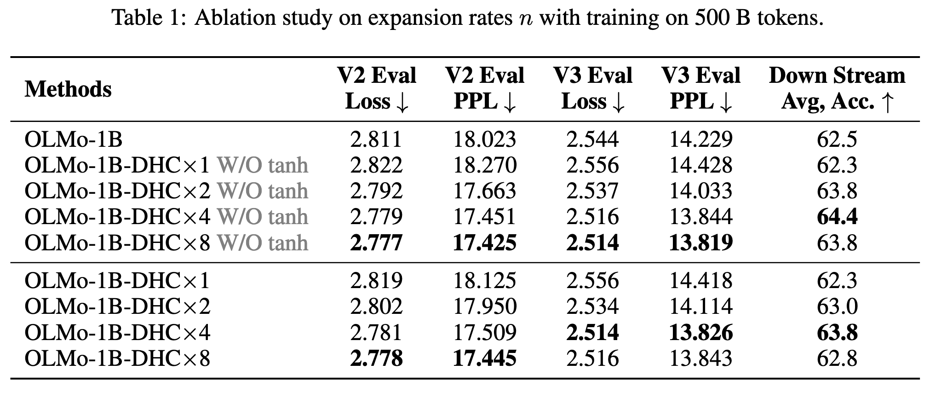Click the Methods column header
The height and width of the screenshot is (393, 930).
tap(68, 89)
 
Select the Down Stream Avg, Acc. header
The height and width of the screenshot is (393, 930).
tap(837, 89)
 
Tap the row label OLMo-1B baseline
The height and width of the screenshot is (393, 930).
tap(74, 139)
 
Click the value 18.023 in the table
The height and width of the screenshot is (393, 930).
tap(484, 139)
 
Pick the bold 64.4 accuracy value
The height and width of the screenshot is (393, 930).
tap(837, 217)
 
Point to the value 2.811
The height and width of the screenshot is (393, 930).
tap(376, 139)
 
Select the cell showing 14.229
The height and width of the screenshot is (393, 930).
tap(700, 139)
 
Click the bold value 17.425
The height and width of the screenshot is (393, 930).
tap(484, 243)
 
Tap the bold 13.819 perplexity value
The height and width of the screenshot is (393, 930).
tap(700, 243)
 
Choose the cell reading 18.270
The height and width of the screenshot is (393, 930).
tap(484, 165)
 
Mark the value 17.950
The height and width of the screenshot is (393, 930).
tap(484, 306)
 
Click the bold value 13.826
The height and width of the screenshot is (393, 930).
tap(700, 332)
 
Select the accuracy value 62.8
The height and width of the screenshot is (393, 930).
tap(837, 358)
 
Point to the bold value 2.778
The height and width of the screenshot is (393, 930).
tap(376, 358)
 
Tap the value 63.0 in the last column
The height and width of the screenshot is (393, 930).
tap(837, 306)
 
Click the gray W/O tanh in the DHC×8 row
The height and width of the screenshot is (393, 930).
tap(262, 243)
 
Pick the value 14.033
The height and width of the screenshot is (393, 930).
tap(700, 191)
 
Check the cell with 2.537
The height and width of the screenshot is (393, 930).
tap(592, 191)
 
